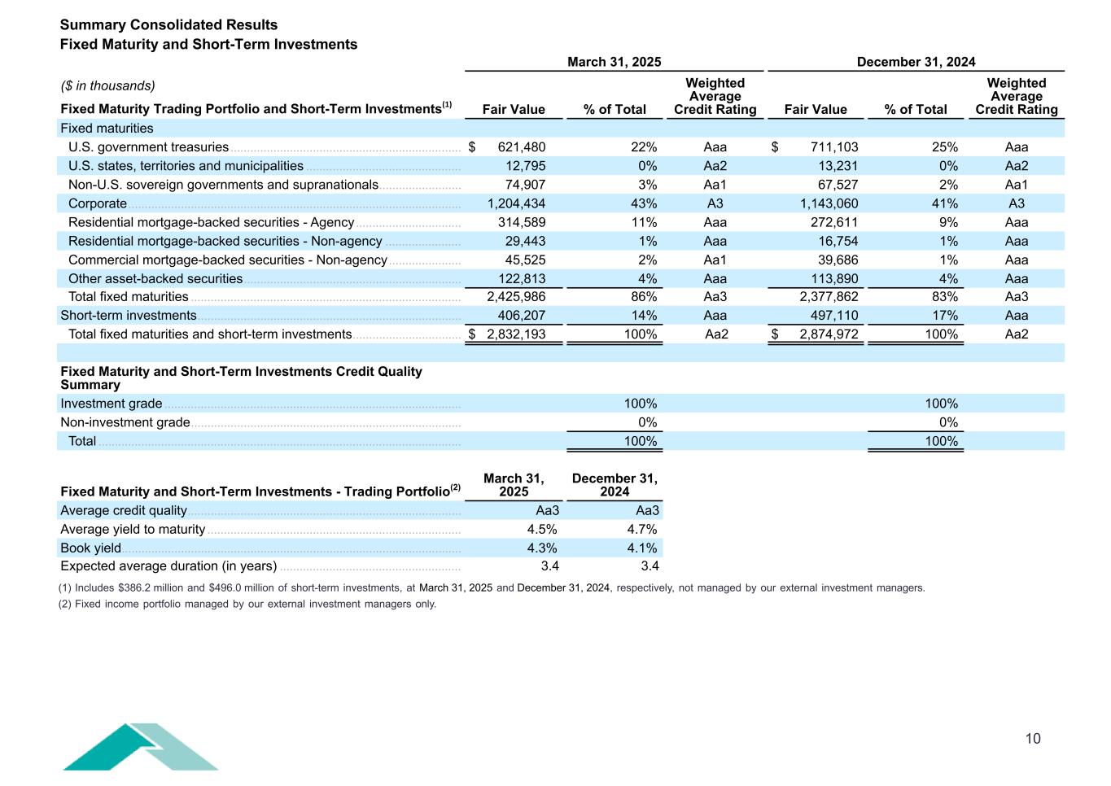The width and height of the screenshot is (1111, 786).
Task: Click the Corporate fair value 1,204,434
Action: coord(516,203)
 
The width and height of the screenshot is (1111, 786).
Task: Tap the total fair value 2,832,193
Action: coord(516,334)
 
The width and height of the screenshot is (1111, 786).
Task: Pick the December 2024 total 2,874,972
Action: coord(829,334)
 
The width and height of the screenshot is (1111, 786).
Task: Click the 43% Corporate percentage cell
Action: coord(644,203)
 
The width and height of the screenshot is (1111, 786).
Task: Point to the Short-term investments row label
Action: coord(129,316)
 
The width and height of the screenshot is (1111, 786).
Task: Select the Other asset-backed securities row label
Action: coord(155,279)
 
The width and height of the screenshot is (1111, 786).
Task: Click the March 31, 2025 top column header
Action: coord(614,62)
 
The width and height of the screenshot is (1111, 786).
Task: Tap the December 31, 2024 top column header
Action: coord(916,62)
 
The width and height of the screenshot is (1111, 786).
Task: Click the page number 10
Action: coord(1032,739)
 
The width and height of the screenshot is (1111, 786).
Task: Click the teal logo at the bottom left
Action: coord(140,747)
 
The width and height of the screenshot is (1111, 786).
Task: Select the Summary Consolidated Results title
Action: coord(168,25)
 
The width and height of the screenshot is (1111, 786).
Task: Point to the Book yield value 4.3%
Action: coord(542,548)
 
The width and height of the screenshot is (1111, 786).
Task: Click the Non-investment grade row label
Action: coord(125,422)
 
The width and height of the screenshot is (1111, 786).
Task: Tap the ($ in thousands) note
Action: coord(108,86)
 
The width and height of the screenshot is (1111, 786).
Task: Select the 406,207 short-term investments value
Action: coord(522,316)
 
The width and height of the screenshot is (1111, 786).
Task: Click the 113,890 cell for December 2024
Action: coord(833,279)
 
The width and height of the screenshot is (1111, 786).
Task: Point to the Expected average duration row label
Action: coord(168,566)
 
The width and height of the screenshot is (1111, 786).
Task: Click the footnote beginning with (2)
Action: coord(247,605)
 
